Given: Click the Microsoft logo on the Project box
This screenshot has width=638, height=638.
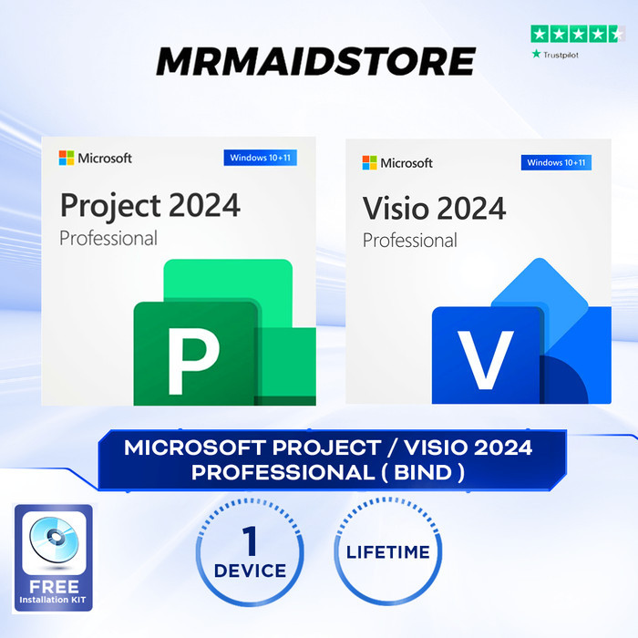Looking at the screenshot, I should (x=67, y=158).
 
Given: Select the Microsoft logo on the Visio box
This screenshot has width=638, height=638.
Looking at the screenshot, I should (x=369, y=163).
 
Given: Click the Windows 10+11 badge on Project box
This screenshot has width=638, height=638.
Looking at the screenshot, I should (x=260, y=158).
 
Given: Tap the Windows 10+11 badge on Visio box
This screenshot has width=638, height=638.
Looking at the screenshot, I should (x=556, y=163).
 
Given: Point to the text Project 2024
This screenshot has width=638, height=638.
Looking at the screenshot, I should (x=150, y=204).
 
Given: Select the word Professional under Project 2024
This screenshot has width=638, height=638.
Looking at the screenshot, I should (x=108, y=238).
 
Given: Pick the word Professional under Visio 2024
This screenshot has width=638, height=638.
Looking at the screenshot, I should (x=410, y=241).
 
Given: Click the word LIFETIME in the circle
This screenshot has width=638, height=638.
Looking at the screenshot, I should (x=387, y=552).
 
